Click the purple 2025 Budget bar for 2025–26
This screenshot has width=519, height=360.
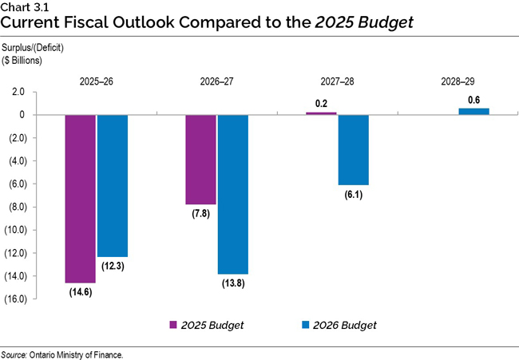[80, 199]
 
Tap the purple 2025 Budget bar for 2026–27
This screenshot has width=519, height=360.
[201, 160]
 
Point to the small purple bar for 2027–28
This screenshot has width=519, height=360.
[321, 113]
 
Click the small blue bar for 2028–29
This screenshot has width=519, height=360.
[473, 112]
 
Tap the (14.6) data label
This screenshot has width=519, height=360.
[80, 294]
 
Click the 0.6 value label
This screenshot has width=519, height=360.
[473, 99]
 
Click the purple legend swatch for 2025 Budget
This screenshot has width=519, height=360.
[172, 325]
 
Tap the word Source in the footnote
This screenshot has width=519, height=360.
[17, 354]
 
